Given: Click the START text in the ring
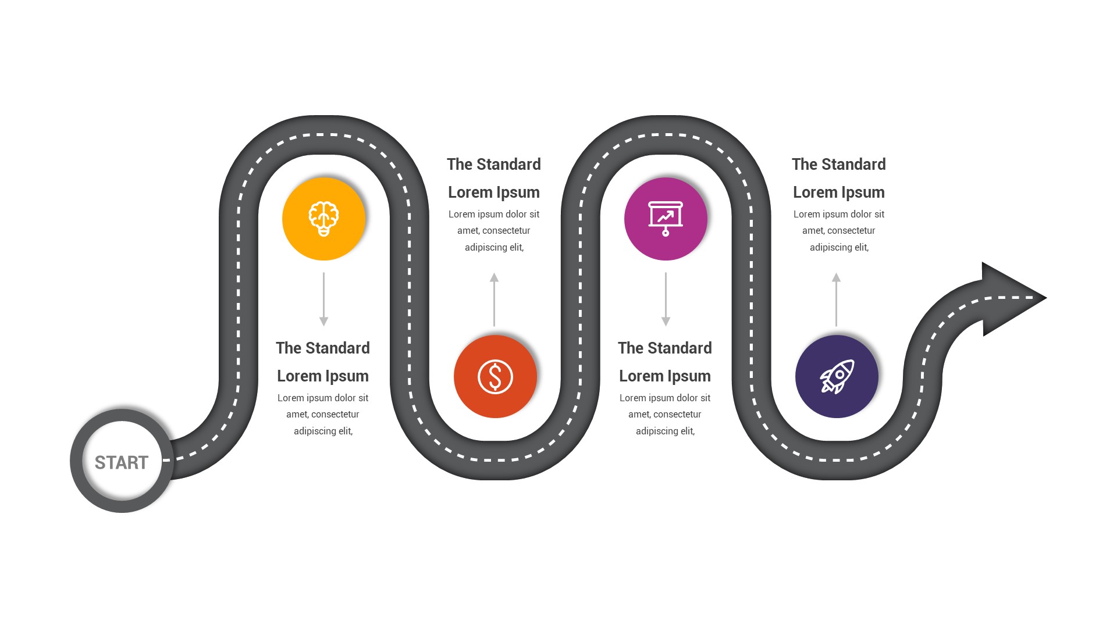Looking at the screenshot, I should click(122, 462).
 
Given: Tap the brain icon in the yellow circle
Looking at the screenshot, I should click(323, 218).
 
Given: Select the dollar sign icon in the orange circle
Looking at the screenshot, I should click(495, 377).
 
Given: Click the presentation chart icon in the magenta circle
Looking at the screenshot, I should click(666, 218).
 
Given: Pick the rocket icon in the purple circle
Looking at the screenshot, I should click(837, 377).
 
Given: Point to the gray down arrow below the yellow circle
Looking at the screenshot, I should click(323, 299).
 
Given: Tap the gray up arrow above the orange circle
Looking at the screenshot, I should click(495, 299).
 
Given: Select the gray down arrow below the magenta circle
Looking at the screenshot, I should click(666, 299).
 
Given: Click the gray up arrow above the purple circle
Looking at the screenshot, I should click(836, 299).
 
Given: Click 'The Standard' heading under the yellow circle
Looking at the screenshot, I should click(323, 348).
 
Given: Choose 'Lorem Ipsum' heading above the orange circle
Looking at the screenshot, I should click(494, 192).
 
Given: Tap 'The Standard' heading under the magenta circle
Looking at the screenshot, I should click(665, 348).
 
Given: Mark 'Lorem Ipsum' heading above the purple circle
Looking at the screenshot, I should click(838, 192).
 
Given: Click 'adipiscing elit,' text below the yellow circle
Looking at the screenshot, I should click(323, 431).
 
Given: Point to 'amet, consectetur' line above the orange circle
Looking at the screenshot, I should click(494, 230).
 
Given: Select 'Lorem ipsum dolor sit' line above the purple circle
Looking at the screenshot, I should click(838, 214).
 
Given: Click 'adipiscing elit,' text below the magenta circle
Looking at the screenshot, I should click(665, 431).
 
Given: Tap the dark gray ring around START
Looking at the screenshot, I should click(76, 461).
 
